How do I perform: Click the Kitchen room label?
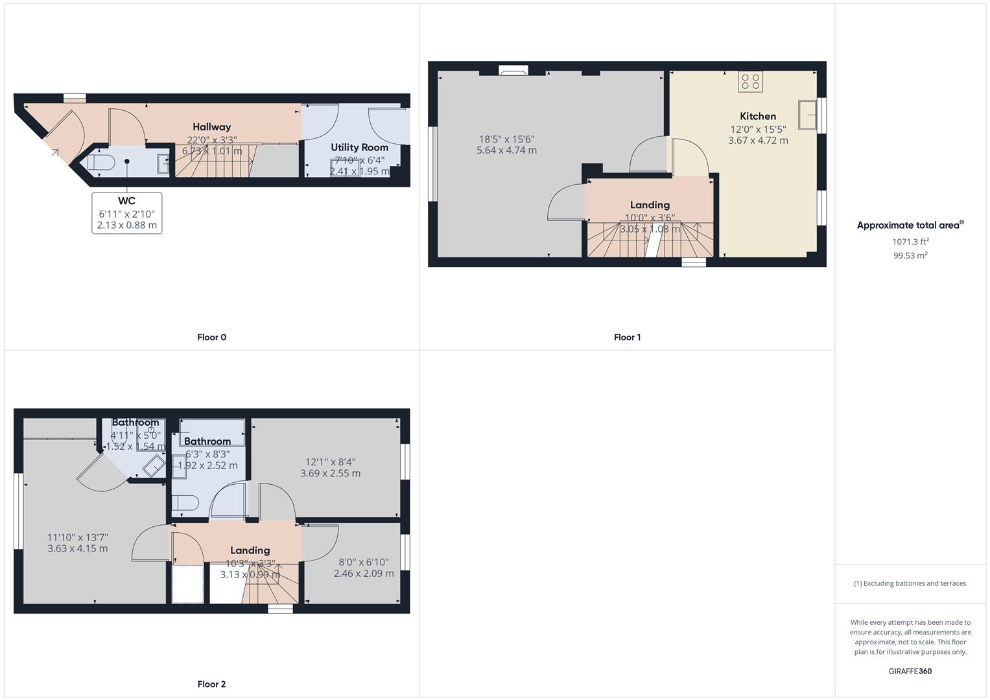[757, 117]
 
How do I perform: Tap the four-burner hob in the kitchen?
[751, 82]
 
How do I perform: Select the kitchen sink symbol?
[807, 115]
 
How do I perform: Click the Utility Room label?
[359, 147]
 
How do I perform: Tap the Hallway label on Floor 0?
[211, 127]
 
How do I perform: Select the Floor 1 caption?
[627, 337]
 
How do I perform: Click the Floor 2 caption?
[211, 684]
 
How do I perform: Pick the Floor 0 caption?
[211, 337]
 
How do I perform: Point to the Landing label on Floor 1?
[650, 205]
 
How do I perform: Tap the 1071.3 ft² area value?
[910, 242]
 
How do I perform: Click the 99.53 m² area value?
[910, 255]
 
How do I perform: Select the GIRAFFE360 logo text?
[910, 671]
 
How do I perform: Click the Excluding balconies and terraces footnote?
[910, 583]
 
